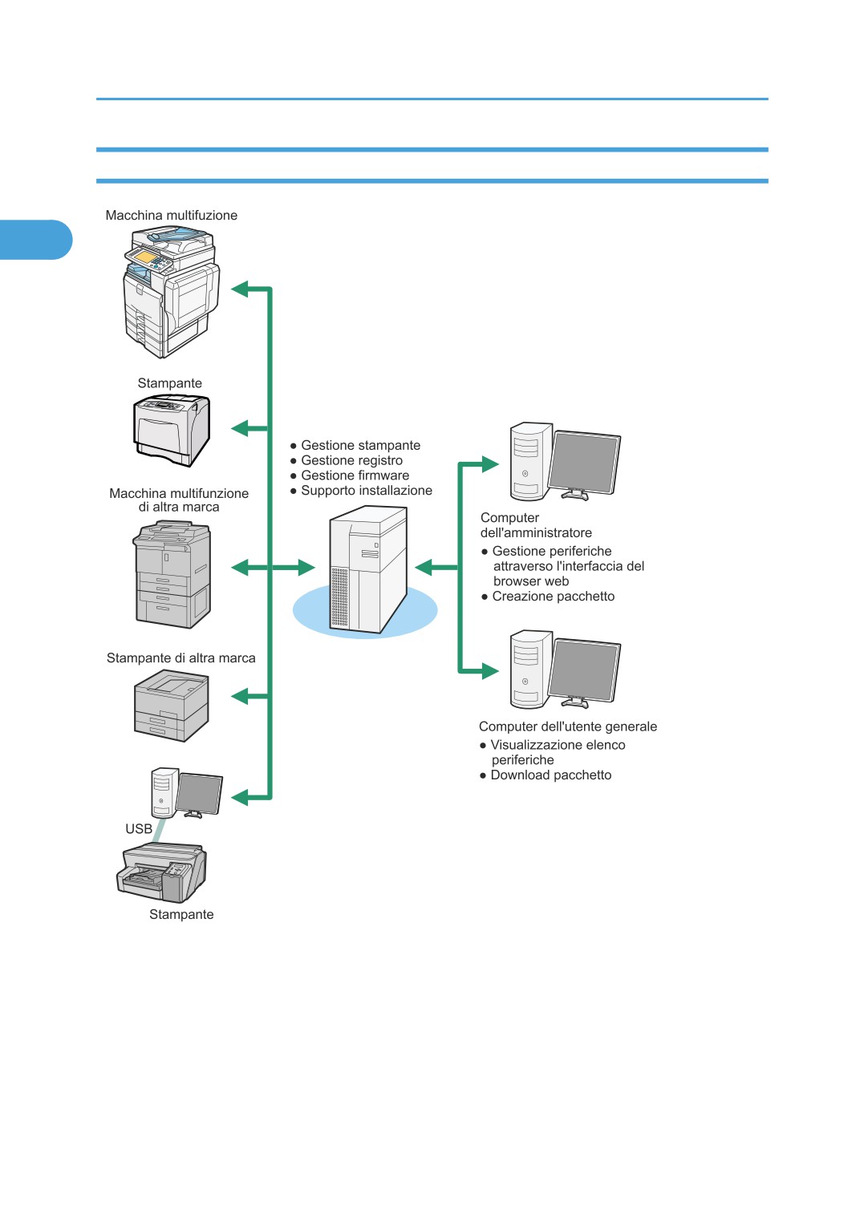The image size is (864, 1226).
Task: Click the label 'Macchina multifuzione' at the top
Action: point(172,215)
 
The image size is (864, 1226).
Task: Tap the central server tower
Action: point(367,569)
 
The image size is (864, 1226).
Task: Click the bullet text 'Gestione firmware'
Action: point(355,475)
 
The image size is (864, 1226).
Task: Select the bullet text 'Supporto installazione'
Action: point(367,491)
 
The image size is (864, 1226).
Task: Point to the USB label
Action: point(139,828)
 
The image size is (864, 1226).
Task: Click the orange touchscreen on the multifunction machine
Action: point(145,256)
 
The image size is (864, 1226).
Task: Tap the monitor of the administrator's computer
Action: point(584,463)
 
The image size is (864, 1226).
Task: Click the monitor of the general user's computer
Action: point(584,671)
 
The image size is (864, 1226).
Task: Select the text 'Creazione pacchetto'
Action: point(553,596)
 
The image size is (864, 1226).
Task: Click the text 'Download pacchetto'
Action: point(551,775)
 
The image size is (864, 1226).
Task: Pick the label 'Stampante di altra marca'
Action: point(181,658)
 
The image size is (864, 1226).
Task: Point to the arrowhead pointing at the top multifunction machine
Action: point(240,289)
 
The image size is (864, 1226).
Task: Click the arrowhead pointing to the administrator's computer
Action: point(490,464)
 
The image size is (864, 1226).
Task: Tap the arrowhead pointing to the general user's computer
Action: point(490,670)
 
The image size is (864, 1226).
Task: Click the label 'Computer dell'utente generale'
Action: point(568,726)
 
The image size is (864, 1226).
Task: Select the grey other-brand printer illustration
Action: point(172,706)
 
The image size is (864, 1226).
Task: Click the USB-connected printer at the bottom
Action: point(161,872)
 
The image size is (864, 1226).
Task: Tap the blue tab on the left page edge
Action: point(36,240)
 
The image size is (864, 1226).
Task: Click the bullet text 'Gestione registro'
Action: point(351,460)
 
